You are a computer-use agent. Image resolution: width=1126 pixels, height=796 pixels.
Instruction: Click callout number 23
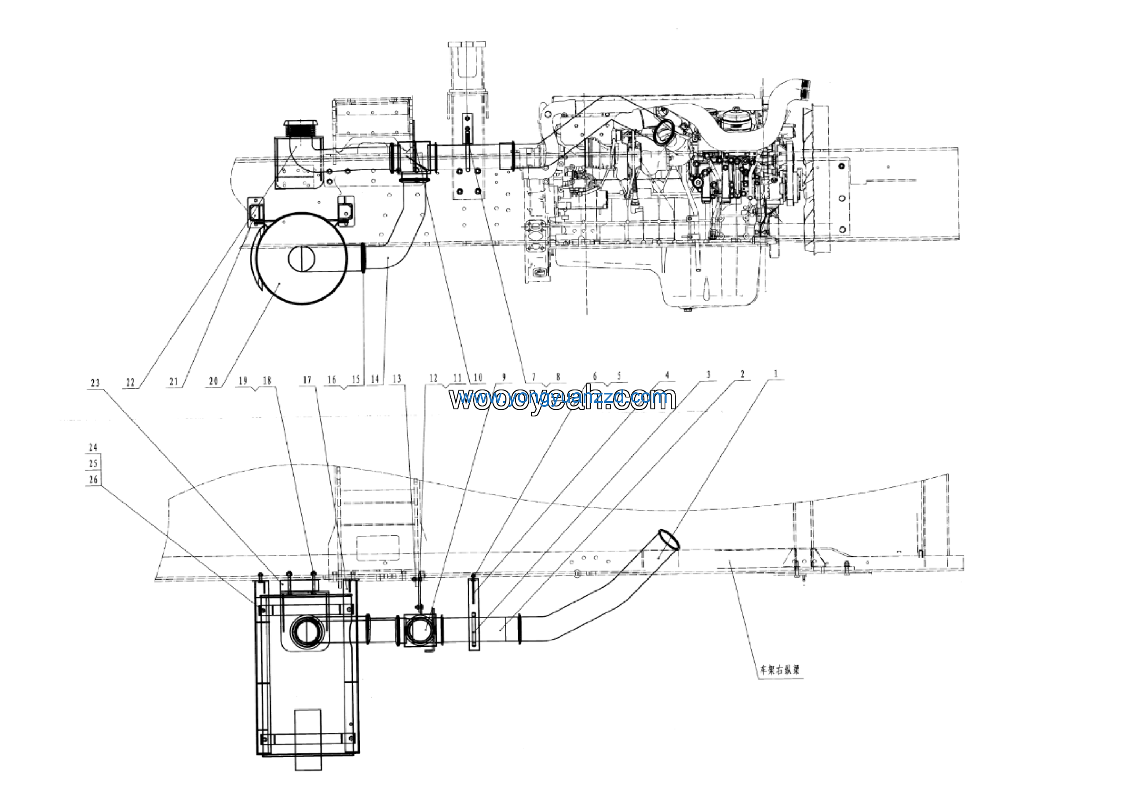click(95, 383)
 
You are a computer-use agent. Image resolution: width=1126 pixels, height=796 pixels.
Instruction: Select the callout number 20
click(213, 381)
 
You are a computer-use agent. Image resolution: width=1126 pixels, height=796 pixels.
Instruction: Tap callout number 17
click(307, 380)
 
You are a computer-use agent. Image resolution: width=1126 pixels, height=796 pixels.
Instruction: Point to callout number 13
click(397, 379)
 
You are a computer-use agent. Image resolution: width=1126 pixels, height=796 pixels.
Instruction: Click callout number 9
click(504, 377)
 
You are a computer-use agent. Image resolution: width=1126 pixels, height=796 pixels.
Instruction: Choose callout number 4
click(667, 376)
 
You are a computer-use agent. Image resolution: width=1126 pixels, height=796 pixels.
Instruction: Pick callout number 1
click(775, 374)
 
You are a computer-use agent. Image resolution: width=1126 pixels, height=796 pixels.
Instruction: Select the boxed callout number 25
click(93, 463)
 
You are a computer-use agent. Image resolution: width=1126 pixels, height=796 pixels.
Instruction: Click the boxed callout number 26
click(93, 479)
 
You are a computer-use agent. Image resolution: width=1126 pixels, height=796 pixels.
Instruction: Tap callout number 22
click(130, 382)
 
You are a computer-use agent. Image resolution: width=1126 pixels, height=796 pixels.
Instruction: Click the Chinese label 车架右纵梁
click(780, 670)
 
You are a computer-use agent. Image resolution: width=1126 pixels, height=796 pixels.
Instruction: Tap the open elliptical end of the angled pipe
click(669, 539)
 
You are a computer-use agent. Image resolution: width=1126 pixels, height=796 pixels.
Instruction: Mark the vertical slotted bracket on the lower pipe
click(474, 613)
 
